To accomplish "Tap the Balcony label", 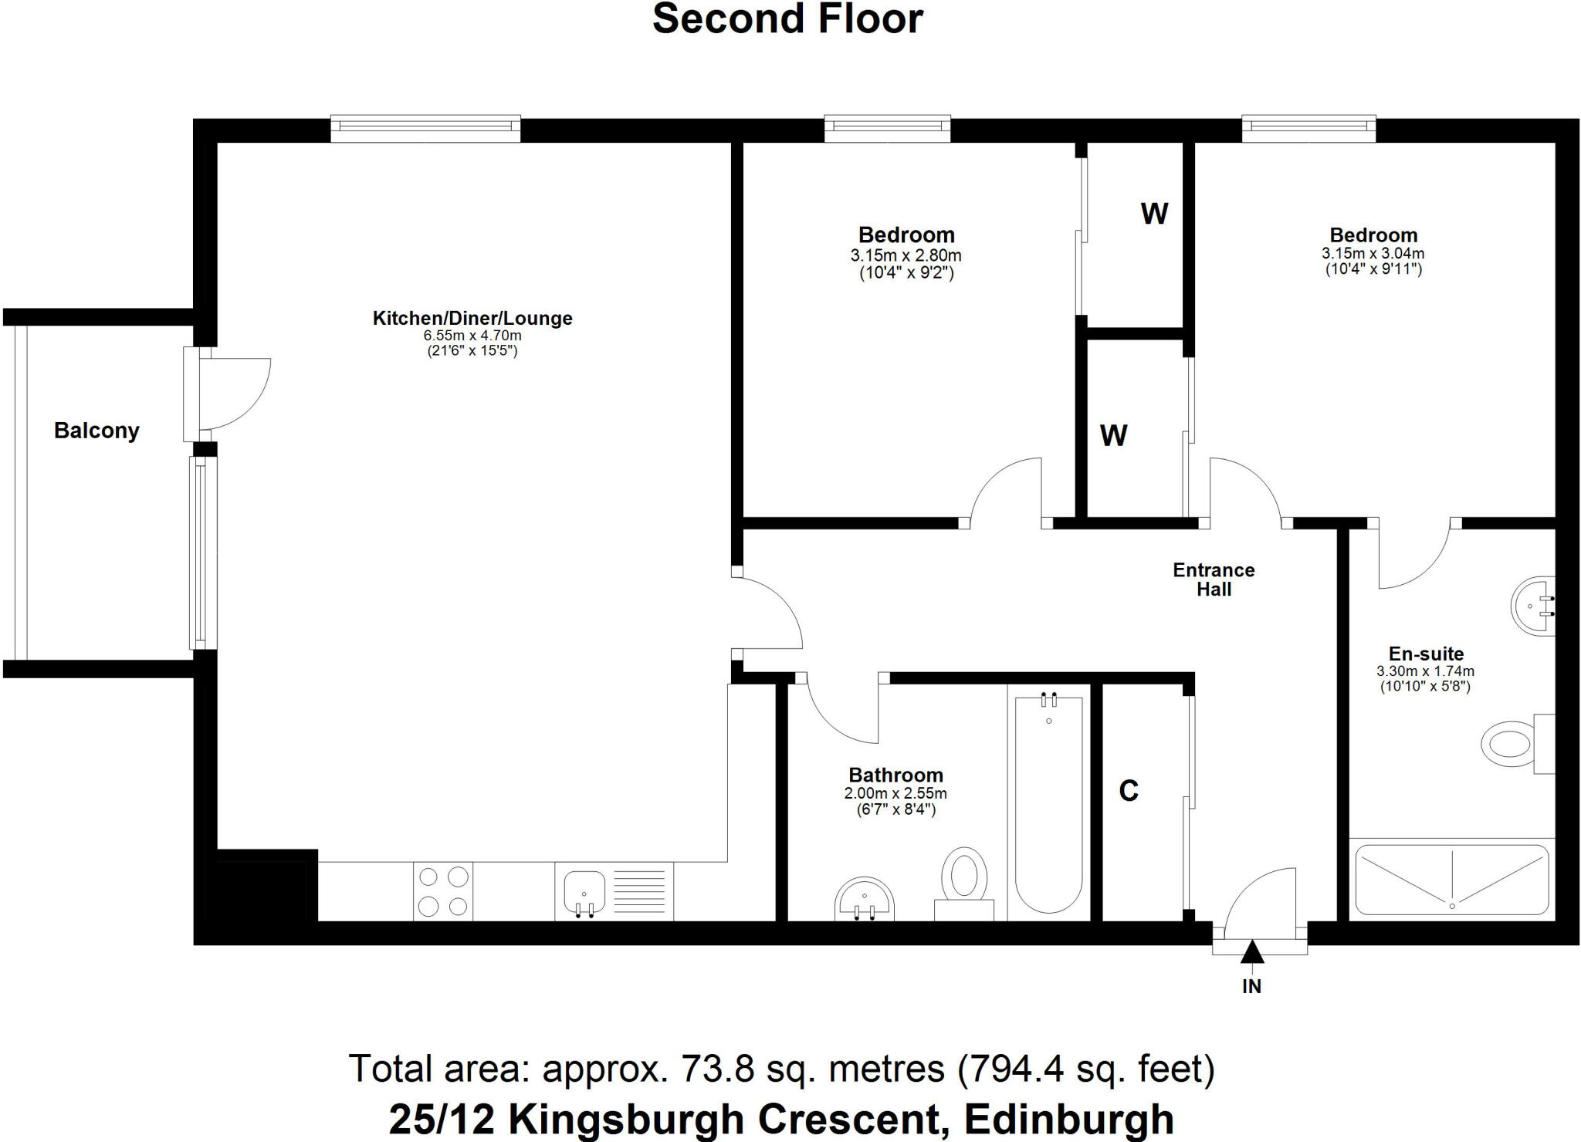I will click(96, 431).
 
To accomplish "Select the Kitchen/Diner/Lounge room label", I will click(472, 318).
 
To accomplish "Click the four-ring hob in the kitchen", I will click(443, 891).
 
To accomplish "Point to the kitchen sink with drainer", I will click(614, 892).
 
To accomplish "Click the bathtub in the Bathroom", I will click(1048, 802).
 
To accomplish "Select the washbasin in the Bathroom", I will click(865, 900).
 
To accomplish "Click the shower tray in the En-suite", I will click(1451, 879).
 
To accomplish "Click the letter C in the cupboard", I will click(1129, 791).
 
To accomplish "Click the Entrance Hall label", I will click(1214, 579).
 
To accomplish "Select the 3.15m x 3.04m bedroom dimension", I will click(1373, 253).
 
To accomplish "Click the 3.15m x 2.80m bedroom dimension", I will click(906, 255).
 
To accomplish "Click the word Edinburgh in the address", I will click(1069, 1119).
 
